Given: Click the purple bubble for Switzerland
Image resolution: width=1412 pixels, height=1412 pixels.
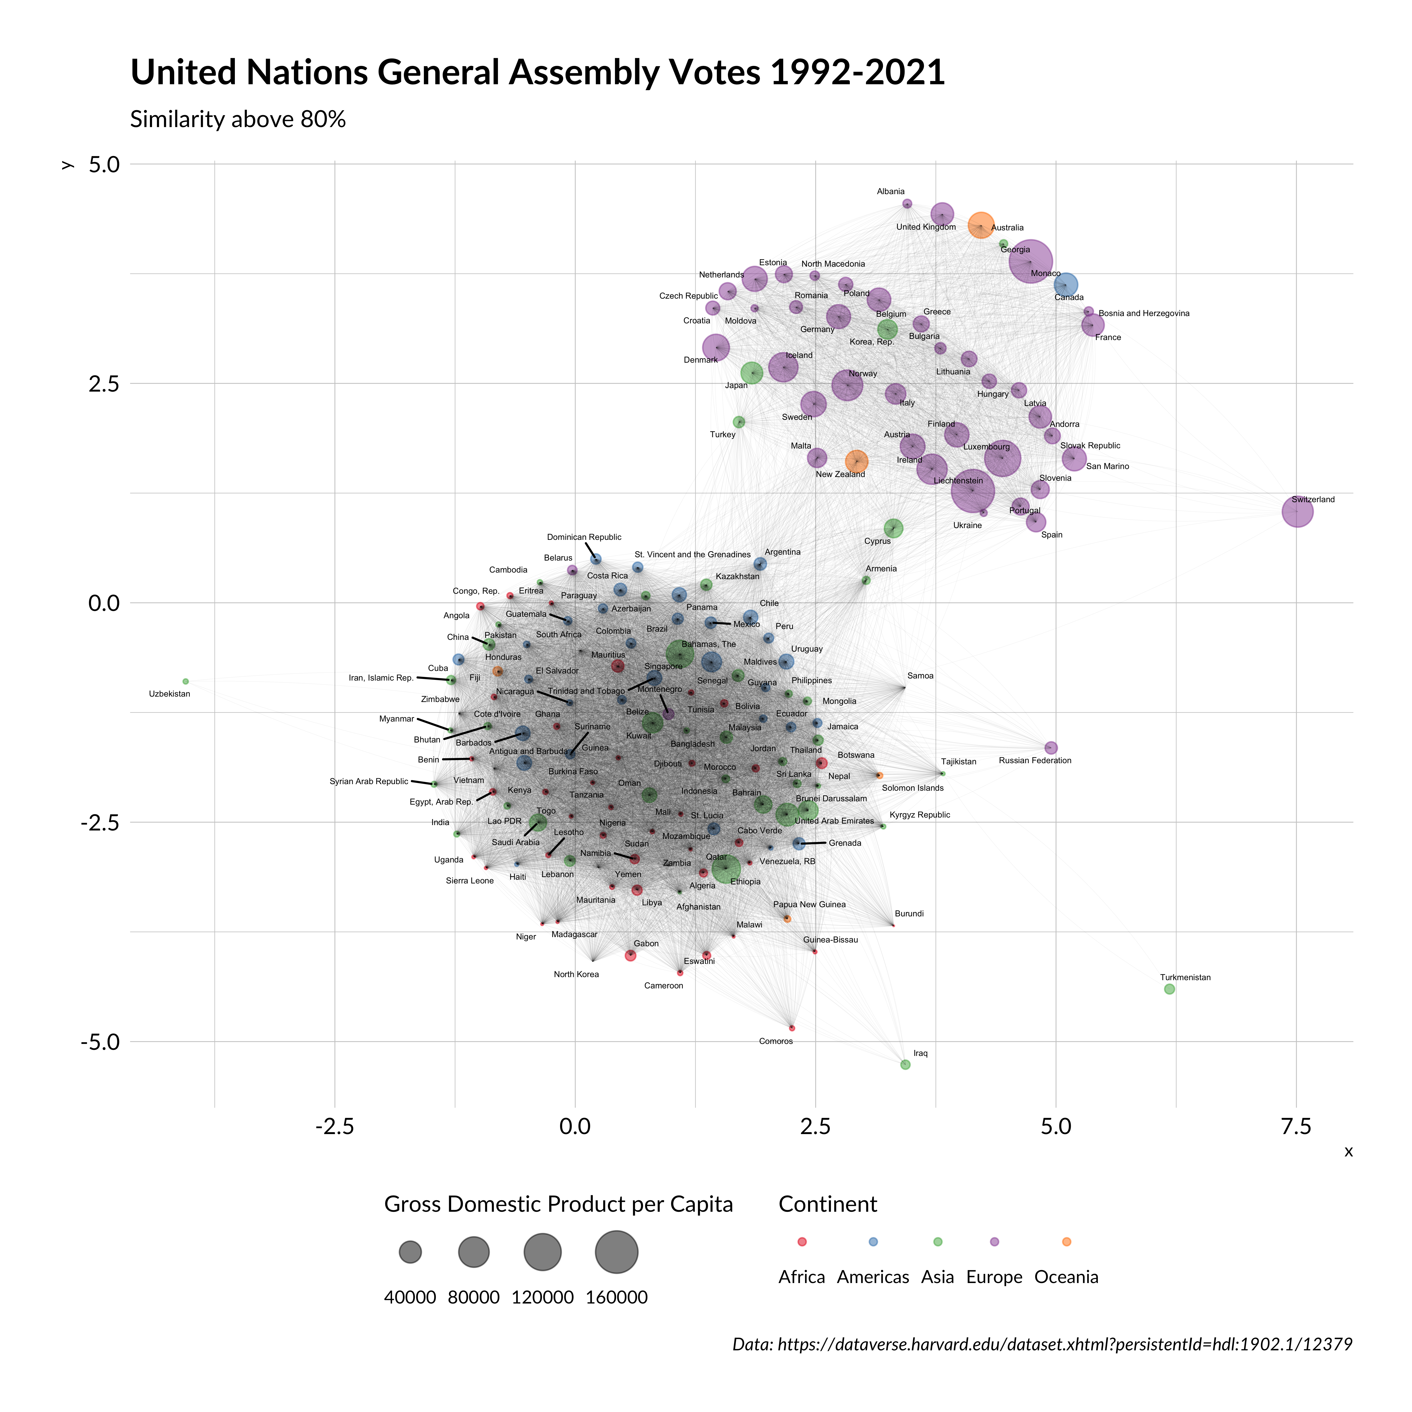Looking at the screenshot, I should [1297, 512].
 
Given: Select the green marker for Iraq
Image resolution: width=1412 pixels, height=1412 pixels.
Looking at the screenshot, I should [906, 1065].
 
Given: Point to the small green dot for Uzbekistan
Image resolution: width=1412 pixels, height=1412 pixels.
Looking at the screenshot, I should [186, 681].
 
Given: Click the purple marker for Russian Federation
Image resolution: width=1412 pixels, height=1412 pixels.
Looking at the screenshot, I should [1051, 748].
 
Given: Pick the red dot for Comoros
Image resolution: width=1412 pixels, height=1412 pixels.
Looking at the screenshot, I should [791, 1027].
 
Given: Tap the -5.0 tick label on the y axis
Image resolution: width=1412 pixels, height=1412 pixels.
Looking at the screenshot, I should [100, 1041].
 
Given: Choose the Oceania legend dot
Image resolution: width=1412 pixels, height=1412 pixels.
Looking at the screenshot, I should [1066, 1242].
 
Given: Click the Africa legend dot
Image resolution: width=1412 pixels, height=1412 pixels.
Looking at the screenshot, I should [802, 1242].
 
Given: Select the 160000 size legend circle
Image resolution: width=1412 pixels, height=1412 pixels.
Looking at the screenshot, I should [617, 1252].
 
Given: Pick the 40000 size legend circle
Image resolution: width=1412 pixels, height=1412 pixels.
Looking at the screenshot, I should [410, 1252].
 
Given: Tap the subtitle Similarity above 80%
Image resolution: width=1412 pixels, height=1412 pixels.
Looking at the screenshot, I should [237, 119].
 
